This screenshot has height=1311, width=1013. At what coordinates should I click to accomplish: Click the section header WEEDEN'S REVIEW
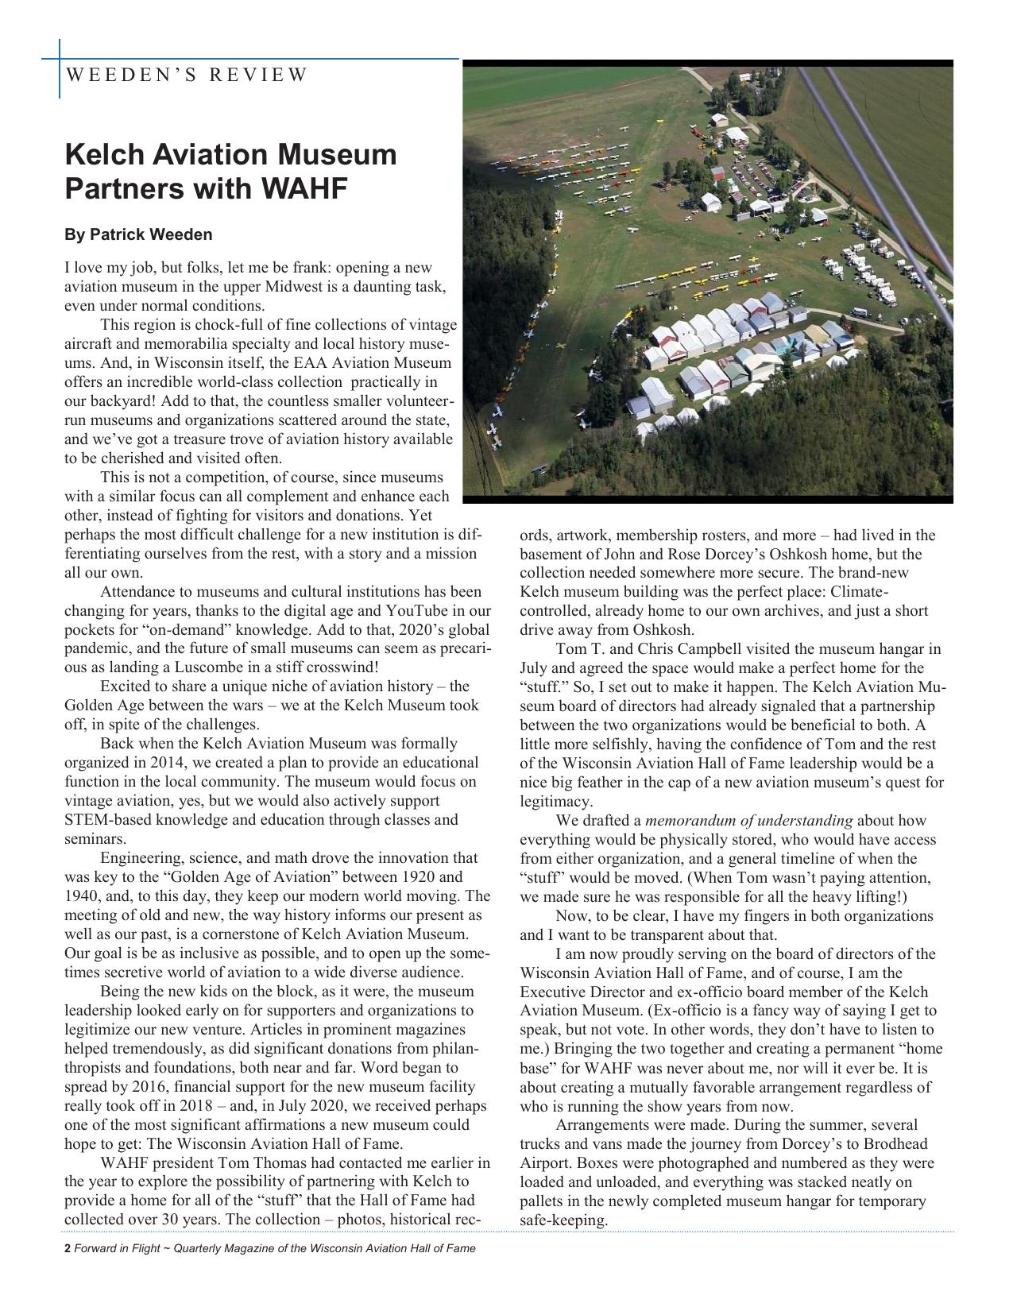point(186,75)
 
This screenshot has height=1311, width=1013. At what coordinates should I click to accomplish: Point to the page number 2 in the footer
point(68,1248)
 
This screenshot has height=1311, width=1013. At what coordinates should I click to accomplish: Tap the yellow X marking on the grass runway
point(562,346)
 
